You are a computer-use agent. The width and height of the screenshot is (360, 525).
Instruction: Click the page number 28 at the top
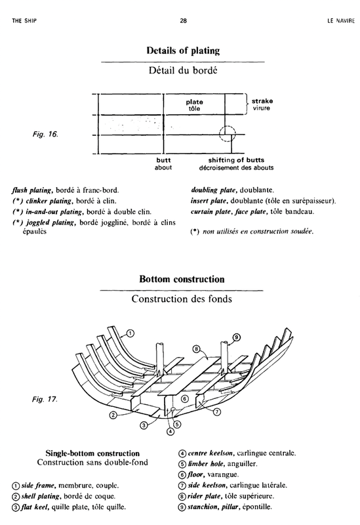pos(183,20)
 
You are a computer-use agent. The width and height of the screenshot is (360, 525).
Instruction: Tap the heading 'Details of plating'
pos(183,51)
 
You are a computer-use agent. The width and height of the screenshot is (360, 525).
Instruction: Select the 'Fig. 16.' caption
pos(45,135)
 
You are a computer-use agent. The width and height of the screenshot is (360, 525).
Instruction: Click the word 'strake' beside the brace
pos(262,101)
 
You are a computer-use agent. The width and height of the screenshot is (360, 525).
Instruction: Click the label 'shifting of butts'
pos(236,160)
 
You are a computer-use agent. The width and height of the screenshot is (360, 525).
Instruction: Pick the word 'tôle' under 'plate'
pos(194,108)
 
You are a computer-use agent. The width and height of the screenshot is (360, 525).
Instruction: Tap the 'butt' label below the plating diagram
pos(163,160)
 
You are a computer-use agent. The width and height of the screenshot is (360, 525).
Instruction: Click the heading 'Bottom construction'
pos(182,279)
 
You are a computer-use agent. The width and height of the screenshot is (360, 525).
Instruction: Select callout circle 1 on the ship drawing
pos(130,333)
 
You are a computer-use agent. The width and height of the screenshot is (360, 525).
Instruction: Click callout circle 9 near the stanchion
pos(236,337)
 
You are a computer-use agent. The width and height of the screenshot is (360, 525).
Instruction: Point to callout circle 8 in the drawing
pos(196,350)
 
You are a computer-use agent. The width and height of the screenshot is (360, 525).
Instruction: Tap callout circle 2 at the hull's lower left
pos(113,415)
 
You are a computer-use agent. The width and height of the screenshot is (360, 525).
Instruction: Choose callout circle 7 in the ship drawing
pos(217,412)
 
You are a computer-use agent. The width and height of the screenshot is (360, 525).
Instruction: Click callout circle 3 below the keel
pos(143,425)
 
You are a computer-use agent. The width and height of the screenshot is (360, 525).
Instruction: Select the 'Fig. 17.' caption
pos(45,399)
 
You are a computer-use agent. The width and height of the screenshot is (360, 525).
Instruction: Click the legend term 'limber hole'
pos(203,464)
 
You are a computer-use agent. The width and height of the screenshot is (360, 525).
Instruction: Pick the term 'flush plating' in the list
pos(31,190)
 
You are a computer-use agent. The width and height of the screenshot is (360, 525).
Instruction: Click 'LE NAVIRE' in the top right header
pos(340,21)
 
